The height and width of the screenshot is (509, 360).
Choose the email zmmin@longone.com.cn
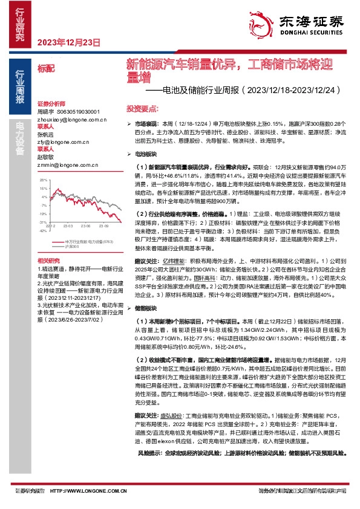(x=65, y=164)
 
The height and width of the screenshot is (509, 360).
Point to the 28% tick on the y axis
(x=43, y=180)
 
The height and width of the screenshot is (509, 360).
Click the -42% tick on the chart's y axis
(x=42, y=230)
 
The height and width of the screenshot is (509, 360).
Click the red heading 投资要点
(x=142, y=107)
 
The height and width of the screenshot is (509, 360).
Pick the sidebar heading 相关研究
(x=48, y=261)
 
